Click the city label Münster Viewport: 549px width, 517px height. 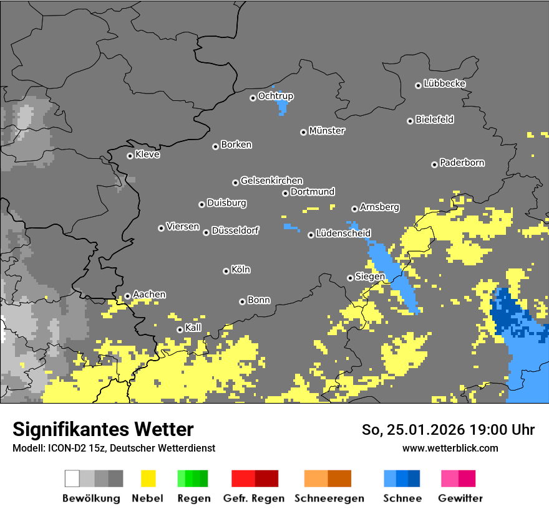coord(327,131)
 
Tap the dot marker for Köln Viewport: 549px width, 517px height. coord(226,271)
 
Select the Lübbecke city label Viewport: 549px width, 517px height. coord(444,83)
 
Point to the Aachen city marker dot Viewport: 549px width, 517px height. coord(127,296)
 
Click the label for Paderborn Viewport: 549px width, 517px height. coord(462,163)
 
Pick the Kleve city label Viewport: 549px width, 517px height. coord(147,154)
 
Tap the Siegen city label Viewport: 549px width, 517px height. coord(369,277)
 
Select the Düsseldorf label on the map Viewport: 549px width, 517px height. coord(235,230)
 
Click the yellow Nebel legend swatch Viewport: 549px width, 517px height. coord(148,478)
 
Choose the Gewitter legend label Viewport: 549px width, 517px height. coord(460,498)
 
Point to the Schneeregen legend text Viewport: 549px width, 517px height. coord(328,498)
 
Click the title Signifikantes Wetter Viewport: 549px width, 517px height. coord(103,429)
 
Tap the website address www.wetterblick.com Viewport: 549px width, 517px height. coord(450,448)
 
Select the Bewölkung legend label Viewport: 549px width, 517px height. coord(91,498)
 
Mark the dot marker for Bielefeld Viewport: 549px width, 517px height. coord(410,121)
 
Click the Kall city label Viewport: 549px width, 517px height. coord(193,328)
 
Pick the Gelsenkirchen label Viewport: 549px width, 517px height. coord(271,181)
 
